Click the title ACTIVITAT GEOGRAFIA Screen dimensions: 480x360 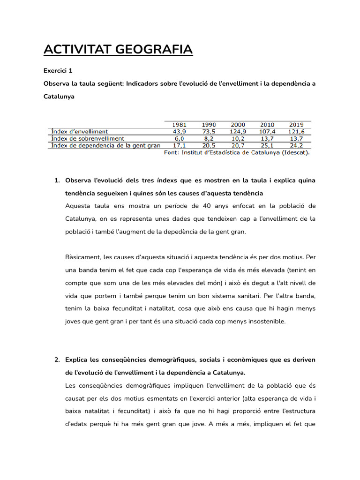click(x=118, y=49)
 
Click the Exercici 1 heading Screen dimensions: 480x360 click(x=58, y=71)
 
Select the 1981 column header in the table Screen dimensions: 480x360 click(x=180, y=125)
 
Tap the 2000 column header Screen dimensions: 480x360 click(x=238, y=125)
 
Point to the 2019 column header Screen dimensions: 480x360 click(x=296, y=125)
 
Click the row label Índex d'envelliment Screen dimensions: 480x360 click(x=79, y=132)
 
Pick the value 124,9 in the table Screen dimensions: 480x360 click(x=238, y=132)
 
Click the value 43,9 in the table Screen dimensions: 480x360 click(x=180, y=132)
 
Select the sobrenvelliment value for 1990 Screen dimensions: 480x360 click(x=209, y=139)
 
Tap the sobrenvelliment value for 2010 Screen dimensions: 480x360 click(x=267, y=139)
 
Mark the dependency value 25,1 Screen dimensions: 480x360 click(x=267, y=146)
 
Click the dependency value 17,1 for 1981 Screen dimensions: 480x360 click(x=180, y=146)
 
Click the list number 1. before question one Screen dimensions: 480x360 click(x=57, y=181)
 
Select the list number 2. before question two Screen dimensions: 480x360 click(x=57, y=360)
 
